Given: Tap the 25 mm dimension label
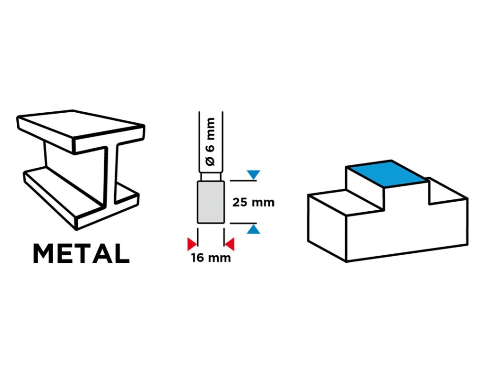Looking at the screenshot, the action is click(253, 202).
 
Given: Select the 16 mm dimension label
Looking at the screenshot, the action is click(211, 259).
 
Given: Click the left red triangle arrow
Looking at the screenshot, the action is click(192, 244).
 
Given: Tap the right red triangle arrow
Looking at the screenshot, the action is click(230, 244).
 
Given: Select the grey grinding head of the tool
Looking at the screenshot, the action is click(211, 202).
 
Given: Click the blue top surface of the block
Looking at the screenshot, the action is click(386, 173).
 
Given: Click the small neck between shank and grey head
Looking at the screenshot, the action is click(211, 177).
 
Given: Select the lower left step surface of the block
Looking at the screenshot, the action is click(346, 201).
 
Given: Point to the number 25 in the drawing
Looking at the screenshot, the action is click(241, 202).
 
